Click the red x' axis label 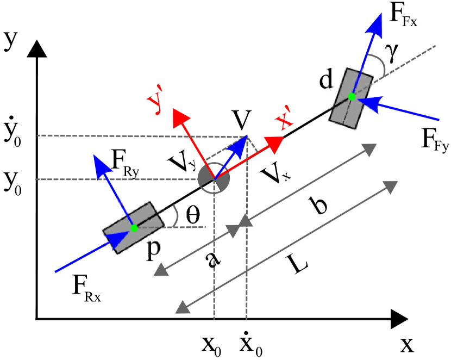click(x=284, y=121)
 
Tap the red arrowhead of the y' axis click(x=180, y=117)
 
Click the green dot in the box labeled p click(x=134, y=228)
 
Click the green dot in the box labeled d click(x=352, y=97)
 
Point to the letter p click(x=154, y=247)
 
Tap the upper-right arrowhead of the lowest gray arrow click(x=390, y=187)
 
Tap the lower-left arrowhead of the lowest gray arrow click(x=183, y=307)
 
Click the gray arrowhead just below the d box click(x=369, y=149)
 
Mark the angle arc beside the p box click(x=175, y=215)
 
